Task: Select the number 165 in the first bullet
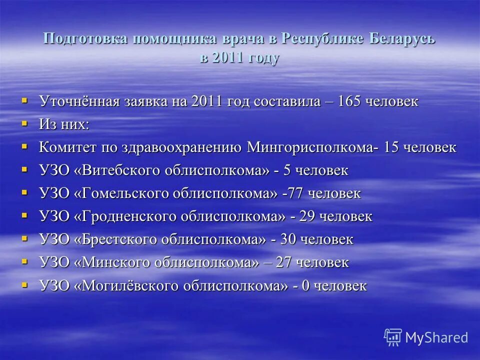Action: coord(350,101)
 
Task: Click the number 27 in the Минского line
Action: coord(284,262)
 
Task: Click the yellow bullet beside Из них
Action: coord(24,122)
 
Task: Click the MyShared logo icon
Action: coord(393,337)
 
